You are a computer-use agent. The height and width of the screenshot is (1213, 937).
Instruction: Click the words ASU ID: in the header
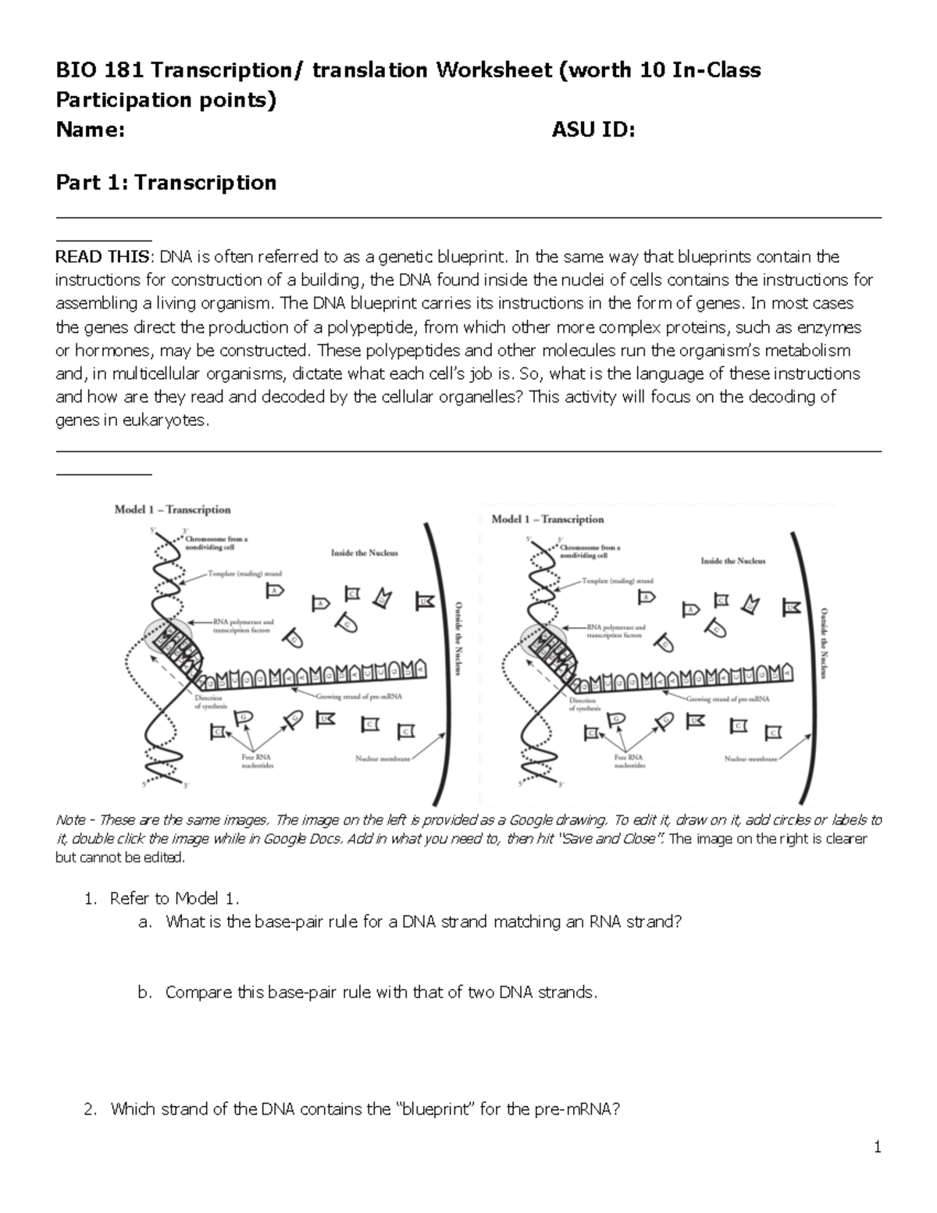coord(593,130)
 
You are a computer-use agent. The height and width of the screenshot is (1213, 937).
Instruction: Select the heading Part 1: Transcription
coord(166,183)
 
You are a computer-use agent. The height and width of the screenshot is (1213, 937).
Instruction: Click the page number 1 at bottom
coord(878,1147)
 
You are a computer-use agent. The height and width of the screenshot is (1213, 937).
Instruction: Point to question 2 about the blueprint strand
coord(365,1109)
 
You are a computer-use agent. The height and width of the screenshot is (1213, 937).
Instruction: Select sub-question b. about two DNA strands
coord(380,993)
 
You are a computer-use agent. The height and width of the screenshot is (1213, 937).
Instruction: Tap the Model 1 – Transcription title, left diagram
coord(173,510)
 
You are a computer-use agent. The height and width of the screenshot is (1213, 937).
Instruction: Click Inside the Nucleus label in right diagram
coord(732,561)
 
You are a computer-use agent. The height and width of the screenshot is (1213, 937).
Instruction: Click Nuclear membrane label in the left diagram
coord(381,758)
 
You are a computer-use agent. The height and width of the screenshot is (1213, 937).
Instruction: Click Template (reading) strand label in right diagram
coord(617,581)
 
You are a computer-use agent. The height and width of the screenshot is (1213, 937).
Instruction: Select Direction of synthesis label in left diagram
coord(209,701)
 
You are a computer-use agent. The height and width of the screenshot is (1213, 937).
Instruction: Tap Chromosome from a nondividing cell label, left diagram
coord(216,543)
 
